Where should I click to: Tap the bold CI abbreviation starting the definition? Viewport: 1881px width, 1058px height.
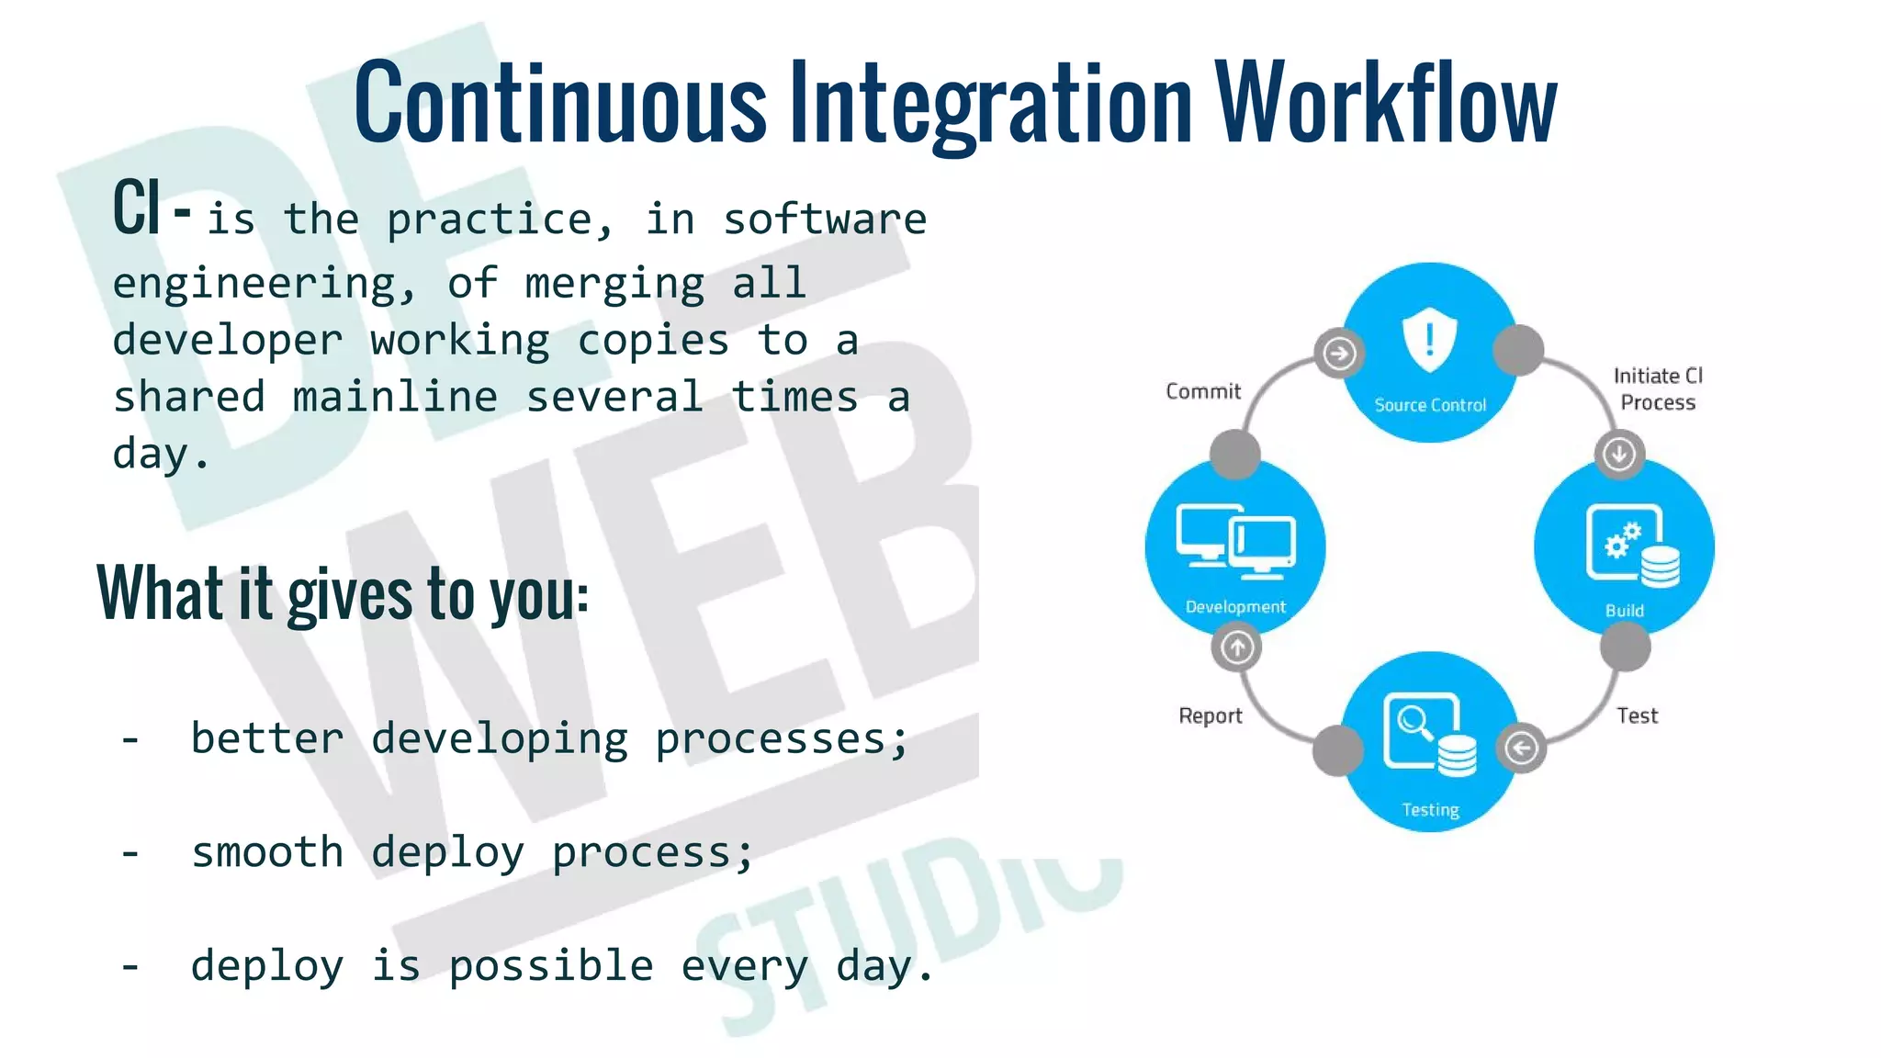(137, 208)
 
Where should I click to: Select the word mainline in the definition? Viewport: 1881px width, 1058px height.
(395, 398)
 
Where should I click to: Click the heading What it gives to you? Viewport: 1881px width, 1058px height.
(342, 594)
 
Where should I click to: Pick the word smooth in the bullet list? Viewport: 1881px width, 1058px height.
(267, 852)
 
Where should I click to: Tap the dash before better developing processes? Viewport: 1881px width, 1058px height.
(130, 739)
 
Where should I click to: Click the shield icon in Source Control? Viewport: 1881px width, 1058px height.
(1429, 340)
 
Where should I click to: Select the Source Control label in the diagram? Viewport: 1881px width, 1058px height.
(1429, 405)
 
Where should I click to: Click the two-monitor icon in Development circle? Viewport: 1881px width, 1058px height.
(1236, 542)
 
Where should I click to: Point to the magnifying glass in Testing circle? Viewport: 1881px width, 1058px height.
(1415, 723)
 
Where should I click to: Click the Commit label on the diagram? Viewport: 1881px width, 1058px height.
(1202, 392)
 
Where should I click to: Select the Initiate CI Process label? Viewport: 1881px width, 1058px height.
(1657, 388)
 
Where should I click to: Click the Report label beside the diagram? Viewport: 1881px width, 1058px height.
(1210, 716)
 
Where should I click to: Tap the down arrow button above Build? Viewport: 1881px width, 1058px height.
(1618, 454)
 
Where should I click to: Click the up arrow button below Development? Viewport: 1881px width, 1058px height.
(1237, 647)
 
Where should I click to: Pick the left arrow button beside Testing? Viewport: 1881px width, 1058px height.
(1522, 748)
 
